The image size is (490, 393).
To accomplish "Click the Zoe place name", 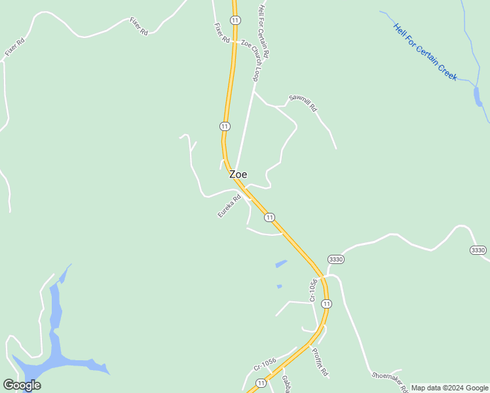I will pos(238,175).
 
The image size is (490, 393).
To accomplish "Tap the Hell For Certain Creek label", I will pos(424,52).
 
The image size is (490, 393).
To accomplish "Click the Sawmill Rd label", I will pos(303,103).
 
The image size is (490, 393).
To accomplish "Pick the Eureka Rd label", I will pos(229,206).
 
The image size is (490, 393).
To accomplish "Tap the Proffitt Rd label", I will pos(320,362).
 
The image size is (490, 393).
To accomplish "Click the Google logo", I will pos(22,385).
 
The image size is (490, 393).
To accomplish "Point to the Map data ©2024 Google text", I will pos(449,388).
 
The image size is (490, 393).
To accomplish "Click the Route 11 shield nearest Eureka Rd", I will pos(269,217).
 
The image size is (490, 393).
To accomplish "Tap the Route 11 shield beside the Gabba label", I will pos(261,383).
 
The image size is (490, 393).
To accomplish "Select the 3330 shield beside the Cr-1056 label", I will pos(336,259).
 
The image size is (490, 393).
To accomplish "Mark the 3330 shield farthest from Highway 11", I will pos(478,250).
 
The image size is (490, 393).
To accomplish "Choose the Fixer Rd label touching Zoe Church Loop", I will pos(222,33).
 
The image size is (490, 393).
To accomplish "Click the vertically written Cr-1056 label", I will pos(314,290).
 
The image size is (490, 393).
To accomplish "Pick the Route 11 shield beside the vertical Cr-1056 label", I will pos(327,303).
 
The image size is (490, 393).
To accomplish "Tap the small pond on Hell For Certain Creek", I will pos(478,96).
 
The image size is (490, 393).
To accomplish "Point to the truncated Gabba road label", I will pos(286,384).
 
